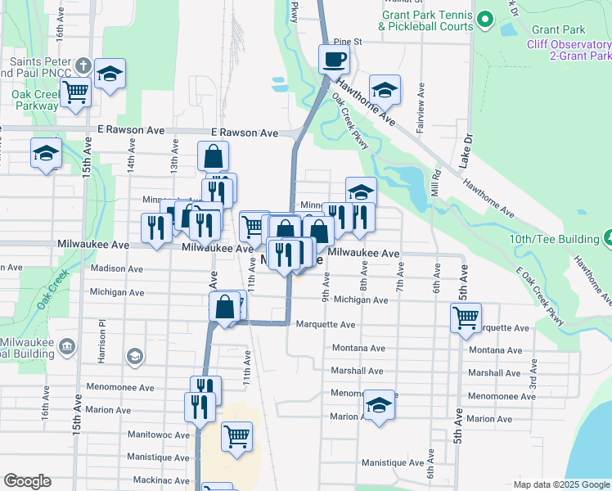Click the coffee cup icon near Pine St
334,59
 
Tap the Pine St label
348,41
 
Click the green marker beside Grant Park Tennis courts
484,19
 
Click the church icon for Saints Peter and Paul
83,65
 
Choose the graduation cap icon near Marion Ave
379,406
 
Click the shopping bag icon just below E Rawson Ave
213,155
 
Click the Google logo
27,481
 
